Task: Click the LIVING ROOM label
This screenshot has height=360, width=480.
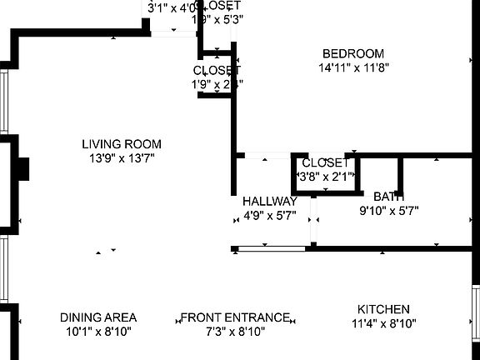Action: pos(122,143)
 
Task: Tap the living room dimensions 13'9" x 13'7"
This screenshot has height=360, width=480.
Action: pos(122,157)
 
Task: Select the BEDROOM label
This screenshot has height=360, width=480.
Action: pos(353,53)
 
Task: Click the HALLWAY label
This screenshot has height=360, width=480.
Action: pos(269,202)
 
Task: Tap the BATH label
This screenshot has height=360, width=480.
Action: pos(388,197)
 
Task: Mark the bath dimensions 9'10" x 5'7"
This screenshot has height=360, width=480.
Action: pos(388,211)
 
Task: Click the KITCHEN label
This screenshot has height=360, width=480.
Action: pos(383,308)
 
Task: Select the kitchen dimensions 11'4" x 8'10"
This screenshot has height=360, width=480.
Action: pos(383,322)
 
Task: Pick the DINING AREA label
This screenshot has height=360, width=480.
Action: pos(98,317)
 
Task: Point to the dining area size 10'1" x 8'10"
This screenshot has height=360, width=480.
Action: pos(98,331)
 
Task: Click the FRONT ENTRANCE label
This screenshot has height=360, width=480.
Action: pos(236,317)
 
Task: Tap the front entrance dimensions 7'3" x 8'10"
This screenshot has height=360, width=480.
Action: pos(236,331)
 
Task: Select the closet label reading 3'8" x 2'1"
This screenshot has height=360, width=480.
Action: pos(327,176)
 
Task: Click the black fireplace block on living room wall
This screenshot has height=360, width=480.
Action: pos(25,169)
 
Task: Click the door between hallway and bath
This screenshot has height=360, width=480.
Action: pos(313,219)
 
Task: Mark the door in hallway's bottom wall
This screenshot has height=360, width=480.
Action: pos(271,247)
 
